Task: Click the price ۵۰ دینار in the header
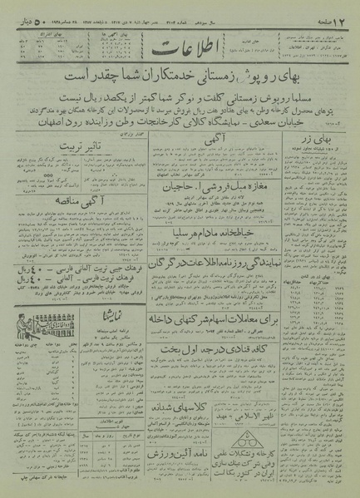click(27, 11)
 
